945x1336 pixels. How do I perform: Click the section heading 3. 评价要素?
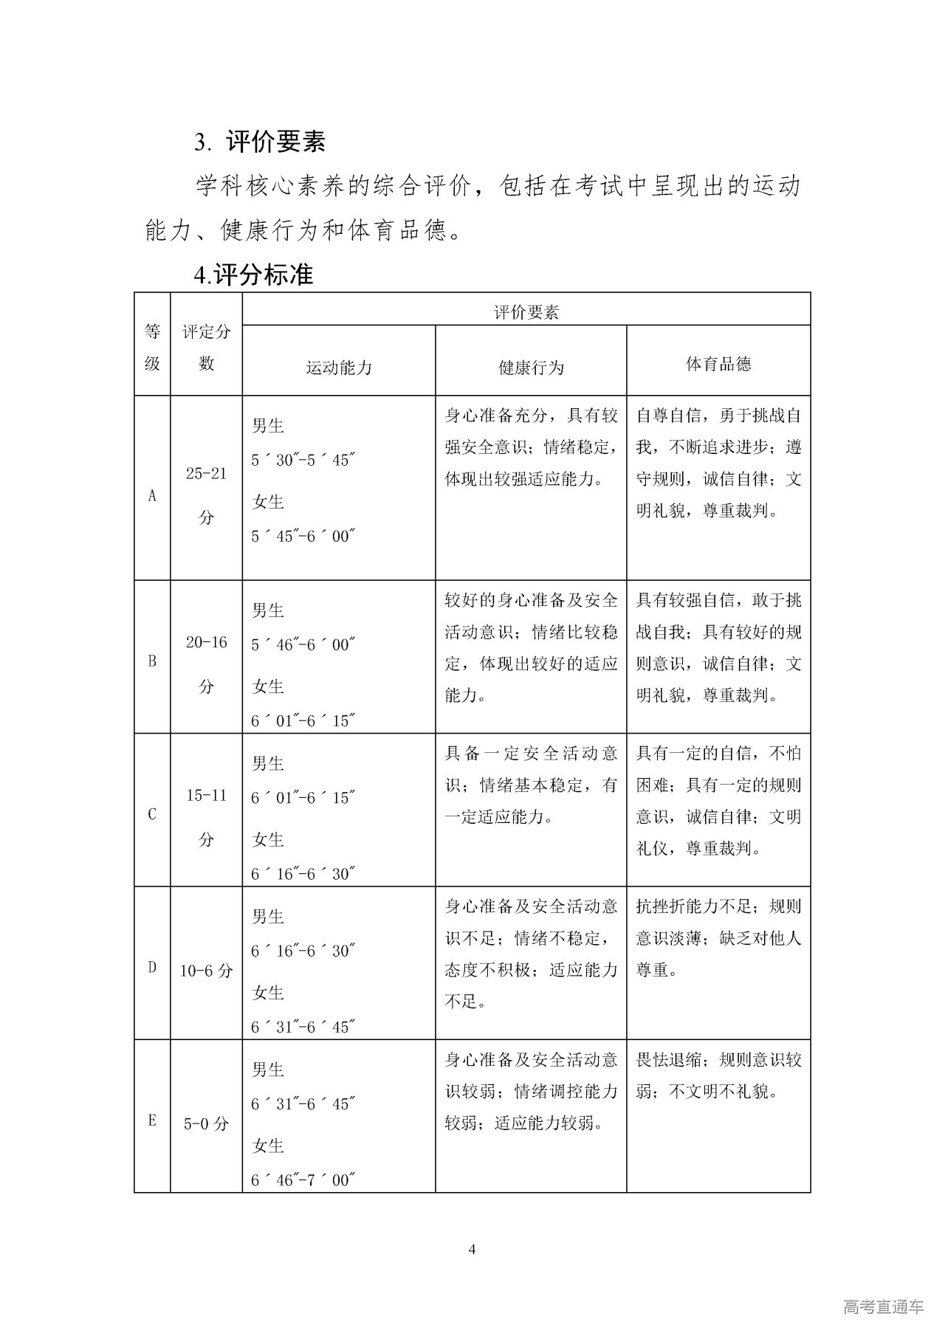260,142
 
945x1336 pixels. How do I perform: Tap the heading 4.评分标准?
253,275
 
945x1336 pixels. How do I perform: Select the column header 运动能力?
339,367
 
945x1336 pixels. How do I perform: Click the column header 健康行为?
531,367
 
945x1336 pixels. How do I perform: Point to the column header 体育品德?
718,363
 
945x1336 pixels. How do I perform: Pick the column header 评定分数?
206,347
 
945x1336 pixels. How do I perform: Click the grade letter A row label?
152,495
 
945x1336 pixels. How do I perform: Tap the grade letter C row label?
152,814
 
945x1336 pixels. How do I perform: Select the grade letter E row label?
152,1120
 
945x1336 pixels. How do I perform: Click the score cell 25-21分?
206,495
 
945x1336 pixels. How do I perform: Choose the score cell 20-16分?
206,664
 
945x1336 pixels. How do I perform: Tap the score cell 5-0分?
206,1123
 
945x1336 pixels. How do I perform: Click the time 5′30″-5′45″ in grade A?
303,460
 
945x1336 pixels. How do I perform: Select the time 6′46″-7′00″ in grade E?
303,1180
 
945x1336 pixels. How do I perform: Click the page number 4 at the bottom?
472,1249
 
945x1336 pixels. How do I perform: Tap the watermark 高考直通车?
882,1307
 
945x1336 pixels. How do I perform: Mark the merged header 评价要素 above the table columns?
526,312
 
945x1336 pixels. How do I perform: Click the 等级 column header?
152,347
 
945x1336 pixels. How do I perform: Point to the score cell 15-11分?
206,816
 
